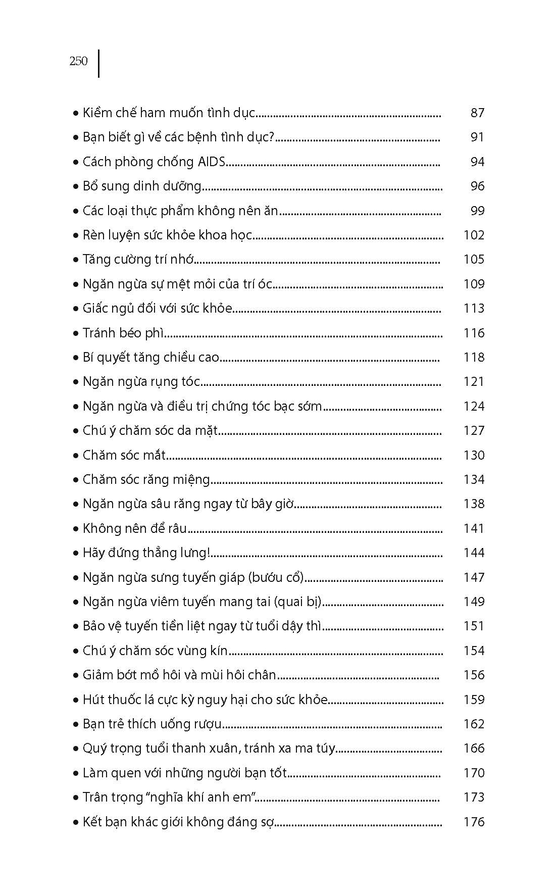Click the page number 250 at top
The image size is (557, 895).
click(78, 61)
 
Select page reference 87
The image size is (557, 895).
click(477, 113)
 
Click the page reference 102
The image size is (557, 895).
click(474, 235)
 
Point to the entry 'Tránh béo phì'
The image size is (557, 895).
click(124, 333)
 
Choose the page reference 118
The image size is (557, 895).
click(474, 358)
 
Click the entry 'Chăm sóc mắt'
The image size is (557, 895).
click(124, 455)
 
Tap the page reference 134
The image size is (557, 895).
click(474, 479)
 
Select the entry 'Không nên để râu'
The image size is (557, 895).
click(135, 529)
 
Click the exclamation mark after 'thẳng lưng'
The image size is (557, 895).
click(209, 553)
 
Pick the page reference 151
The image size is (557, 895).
click(474, 626)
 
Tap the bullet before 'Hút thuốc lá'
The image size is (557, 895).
click(76, 700)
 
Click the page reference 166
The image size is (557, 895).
click(474, 749)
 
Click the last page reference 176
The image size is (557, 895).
click(474, 822)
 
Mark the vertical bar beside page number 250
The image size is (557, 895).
click(98, 63)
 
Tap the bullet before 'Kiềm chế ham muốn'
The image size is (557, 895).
click(76, 113)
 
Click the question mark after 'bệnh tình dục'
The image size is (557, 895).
click(270, 137)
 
